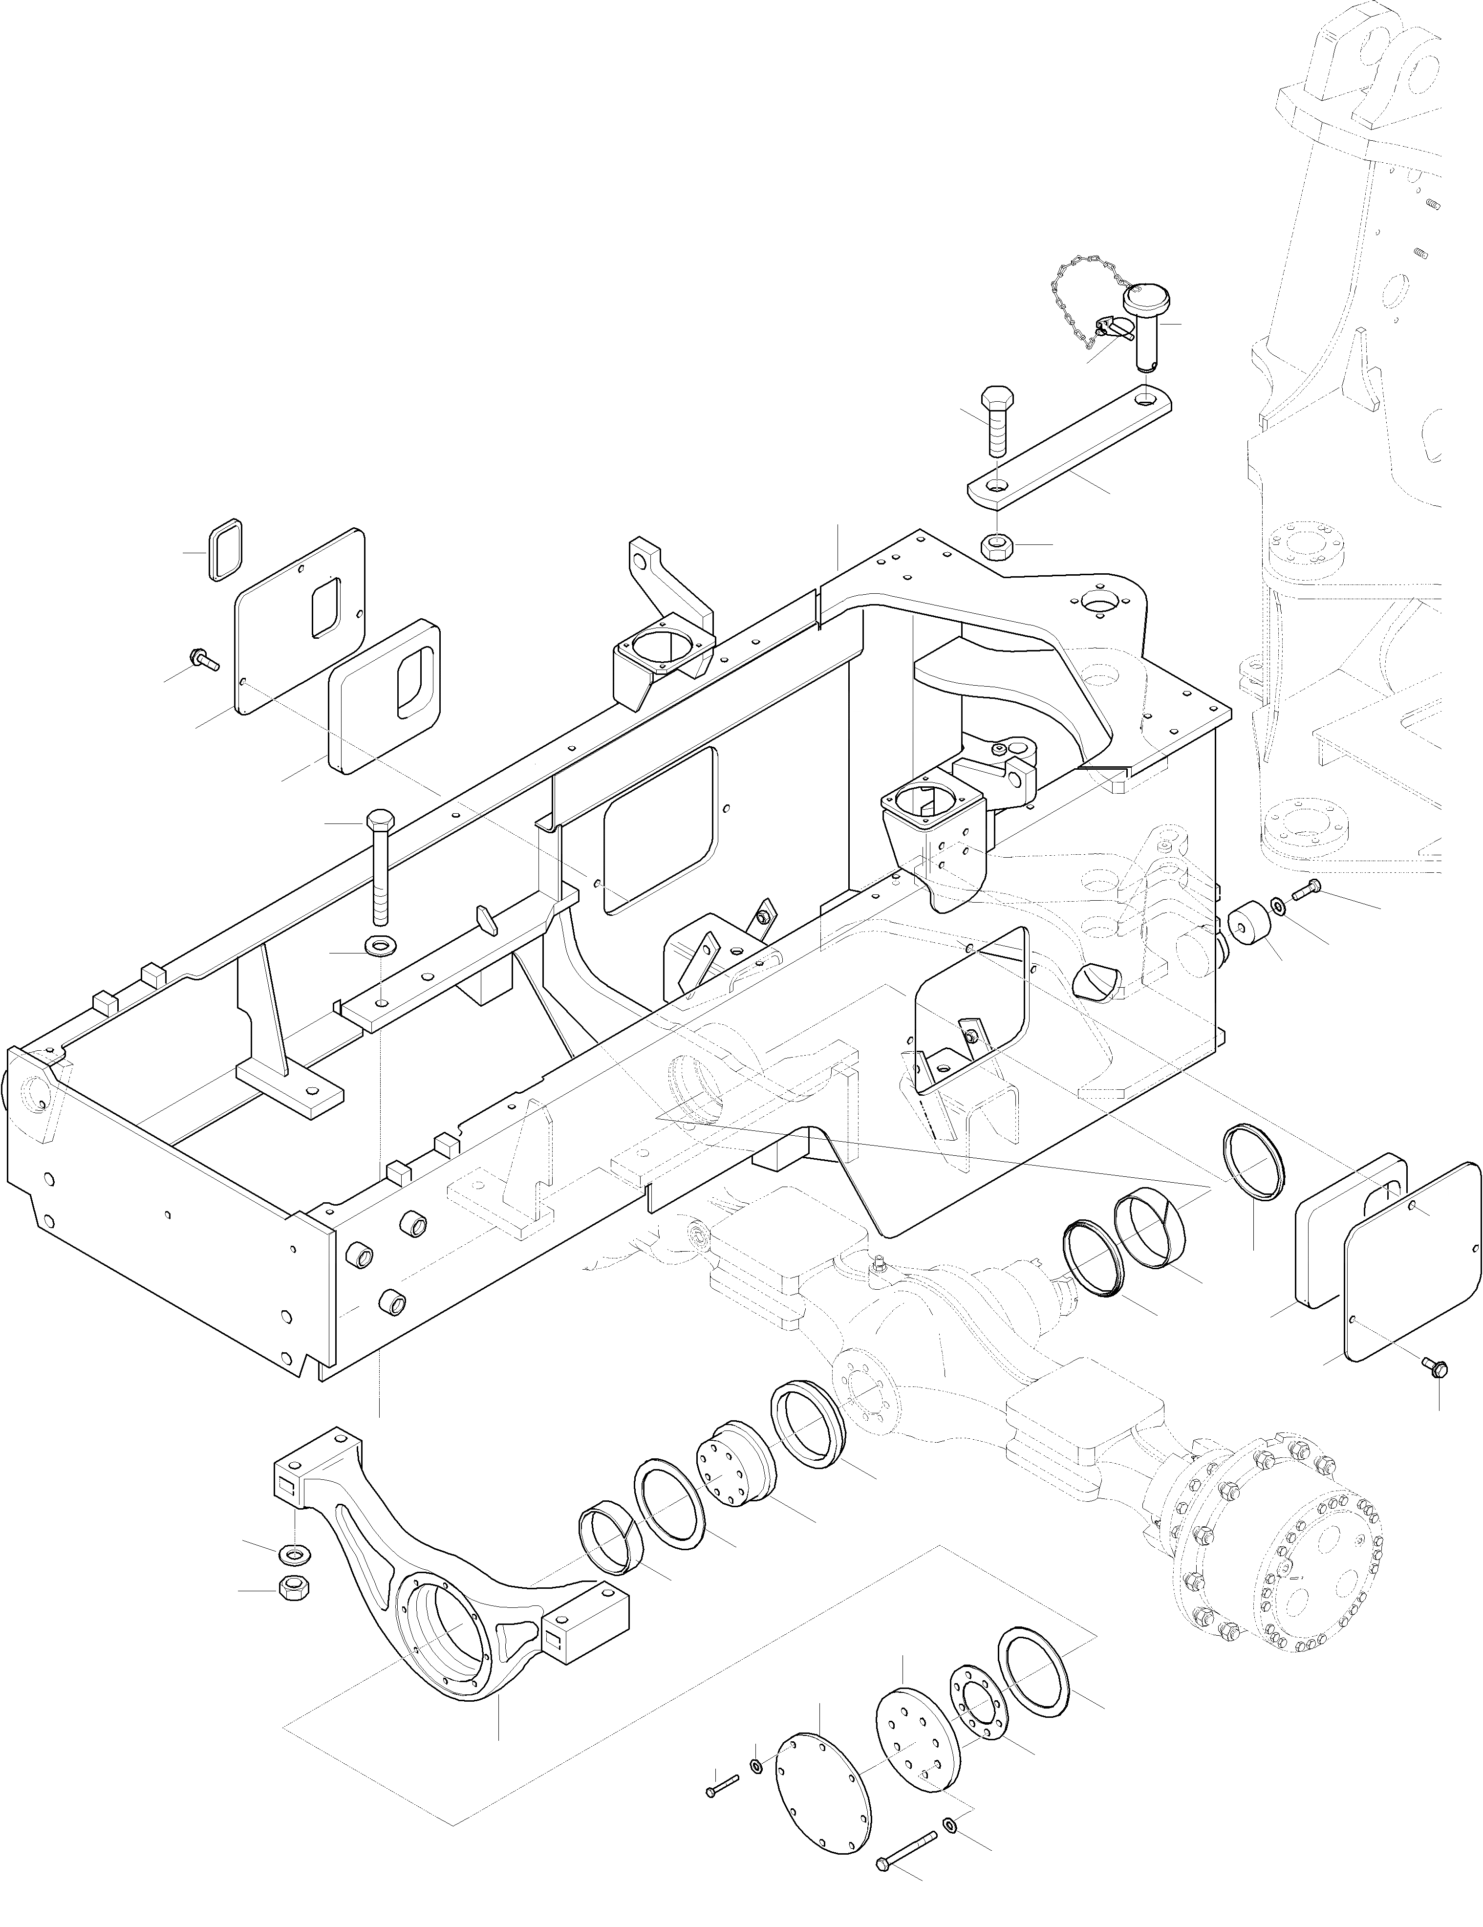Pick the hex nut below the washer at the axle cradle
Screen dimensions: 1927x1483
pos(291,1587)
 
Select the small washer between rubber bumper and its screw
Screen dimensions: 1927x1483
pos(1277,905)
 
